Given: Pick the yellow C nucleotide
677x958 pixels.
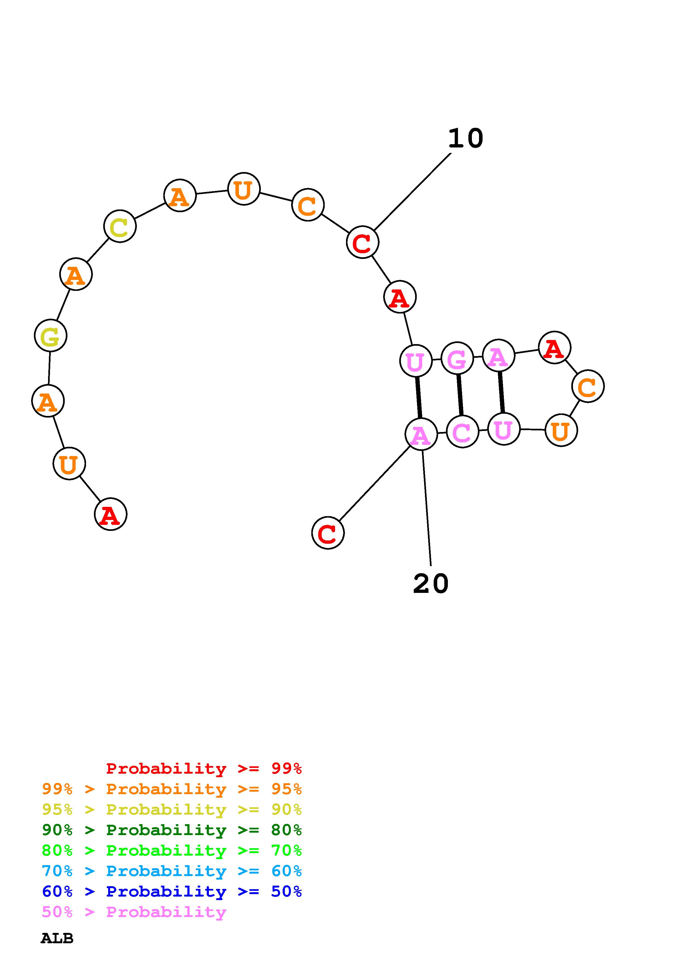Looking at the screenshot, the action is [120, 227].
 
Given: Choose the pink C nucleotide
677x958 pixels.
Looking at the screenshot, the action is [462, 432].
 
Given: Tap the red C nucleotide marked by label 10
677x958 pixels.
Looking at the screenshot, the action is [362, 243].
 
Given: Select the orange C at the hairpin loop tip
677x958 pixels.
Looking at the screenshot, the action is [588, 387].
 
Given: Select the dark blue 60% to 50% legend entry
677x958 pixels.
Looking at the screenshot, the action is [172, 891].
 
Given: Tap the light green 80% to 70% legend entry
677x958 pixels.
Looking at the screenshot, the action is [172, 850].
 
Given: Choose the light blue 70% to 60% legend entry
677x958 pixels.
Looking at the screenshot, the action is [172, 871].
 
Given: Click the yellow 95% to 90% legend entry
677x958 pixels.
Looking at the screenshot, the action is [172, 809].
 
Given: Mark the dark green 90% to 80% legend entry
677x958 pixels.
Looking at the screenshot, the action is [172, 830].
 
